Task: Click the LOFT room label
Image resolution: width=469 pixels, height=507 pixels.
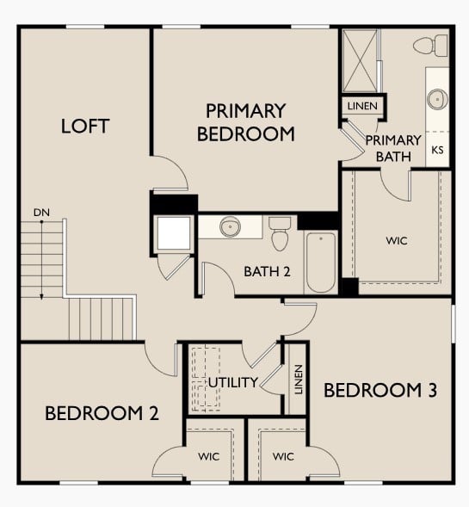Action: [85, 126]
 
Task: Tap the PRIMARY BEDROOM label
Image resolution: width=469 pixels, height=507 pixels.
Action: [245, 122]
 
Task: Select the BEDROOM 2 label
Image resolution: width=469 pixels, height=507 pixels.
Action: [102, 413]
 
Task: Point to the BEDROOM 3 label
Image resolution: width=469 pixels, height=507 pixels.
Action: [380, 390]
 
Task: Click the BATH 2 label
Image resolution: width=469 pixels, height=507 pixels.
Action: [267, 271]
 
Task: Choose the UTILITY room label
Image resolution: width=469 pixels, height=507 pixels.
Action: [232, 381]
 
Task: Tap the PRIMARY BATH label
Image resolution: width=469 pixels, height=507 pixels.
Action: [393, 148]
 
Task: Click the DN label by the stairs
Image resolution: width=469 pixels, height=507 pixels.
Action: [41, 212]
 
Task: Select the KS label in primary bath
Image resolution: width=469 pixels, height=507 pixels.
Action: [437, 149]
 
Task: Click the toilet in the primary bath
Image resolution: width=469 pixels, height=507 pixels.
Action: [430, 44]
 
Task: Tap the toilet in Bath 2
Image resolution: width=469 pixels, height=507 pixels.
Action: [280, 232]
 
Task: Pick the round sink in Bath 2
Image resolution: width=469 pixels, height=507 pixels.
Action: [229, 227]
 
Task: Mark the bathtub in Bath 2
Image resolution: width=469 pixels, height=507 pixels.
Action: [321, 263]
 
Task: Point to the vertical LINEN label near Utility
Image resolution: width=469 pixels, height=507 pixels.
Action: [298, 379]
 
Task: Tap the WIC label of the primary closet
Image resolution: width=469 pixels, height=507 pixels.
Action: [397, 240]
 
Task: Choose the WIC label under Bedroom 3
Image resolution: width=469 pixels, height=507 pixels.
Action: [283, 455]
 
